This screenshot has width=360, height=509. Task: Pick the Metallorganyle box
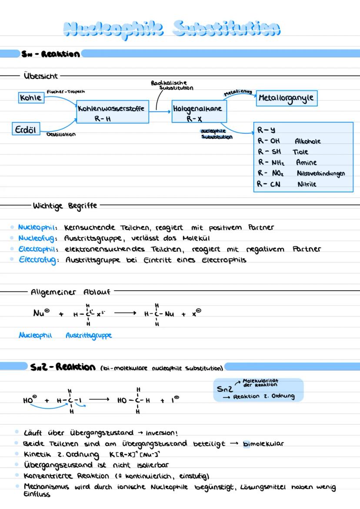pyautogui.click(x=285, y=98)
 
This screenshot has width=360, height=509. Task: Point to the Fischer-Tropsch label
pyautogui.click(x=65, y=92)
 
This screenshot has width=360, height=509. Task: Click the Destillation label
pyautogui.click(x=61, y=134)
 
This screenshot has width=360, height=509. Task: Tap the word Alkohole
pyautogui.click(x=307, y=141)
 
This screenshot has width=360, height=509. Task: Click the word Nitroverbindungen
pyautogui.click(x=321, y=173)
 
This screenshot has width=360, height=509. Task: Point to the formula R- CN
pyautogui.click(x=269, y=184)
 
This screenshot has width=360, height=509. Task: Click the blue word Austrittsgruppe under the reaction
pyautogui.click(x=89, y=335)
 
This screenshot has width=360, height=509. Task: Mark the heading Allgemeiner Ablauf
pyautogui.click(x=70, y=292)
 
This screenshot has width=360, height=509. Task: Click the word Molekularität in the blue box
pyautogui.click(x=260, y=380)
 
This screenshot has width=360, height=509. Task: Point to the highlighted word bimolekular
pyautogui.click(x=263, y=444)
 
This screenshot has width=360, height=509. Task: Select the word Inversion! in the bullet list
pyautogui.click(x=161, y=433)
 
